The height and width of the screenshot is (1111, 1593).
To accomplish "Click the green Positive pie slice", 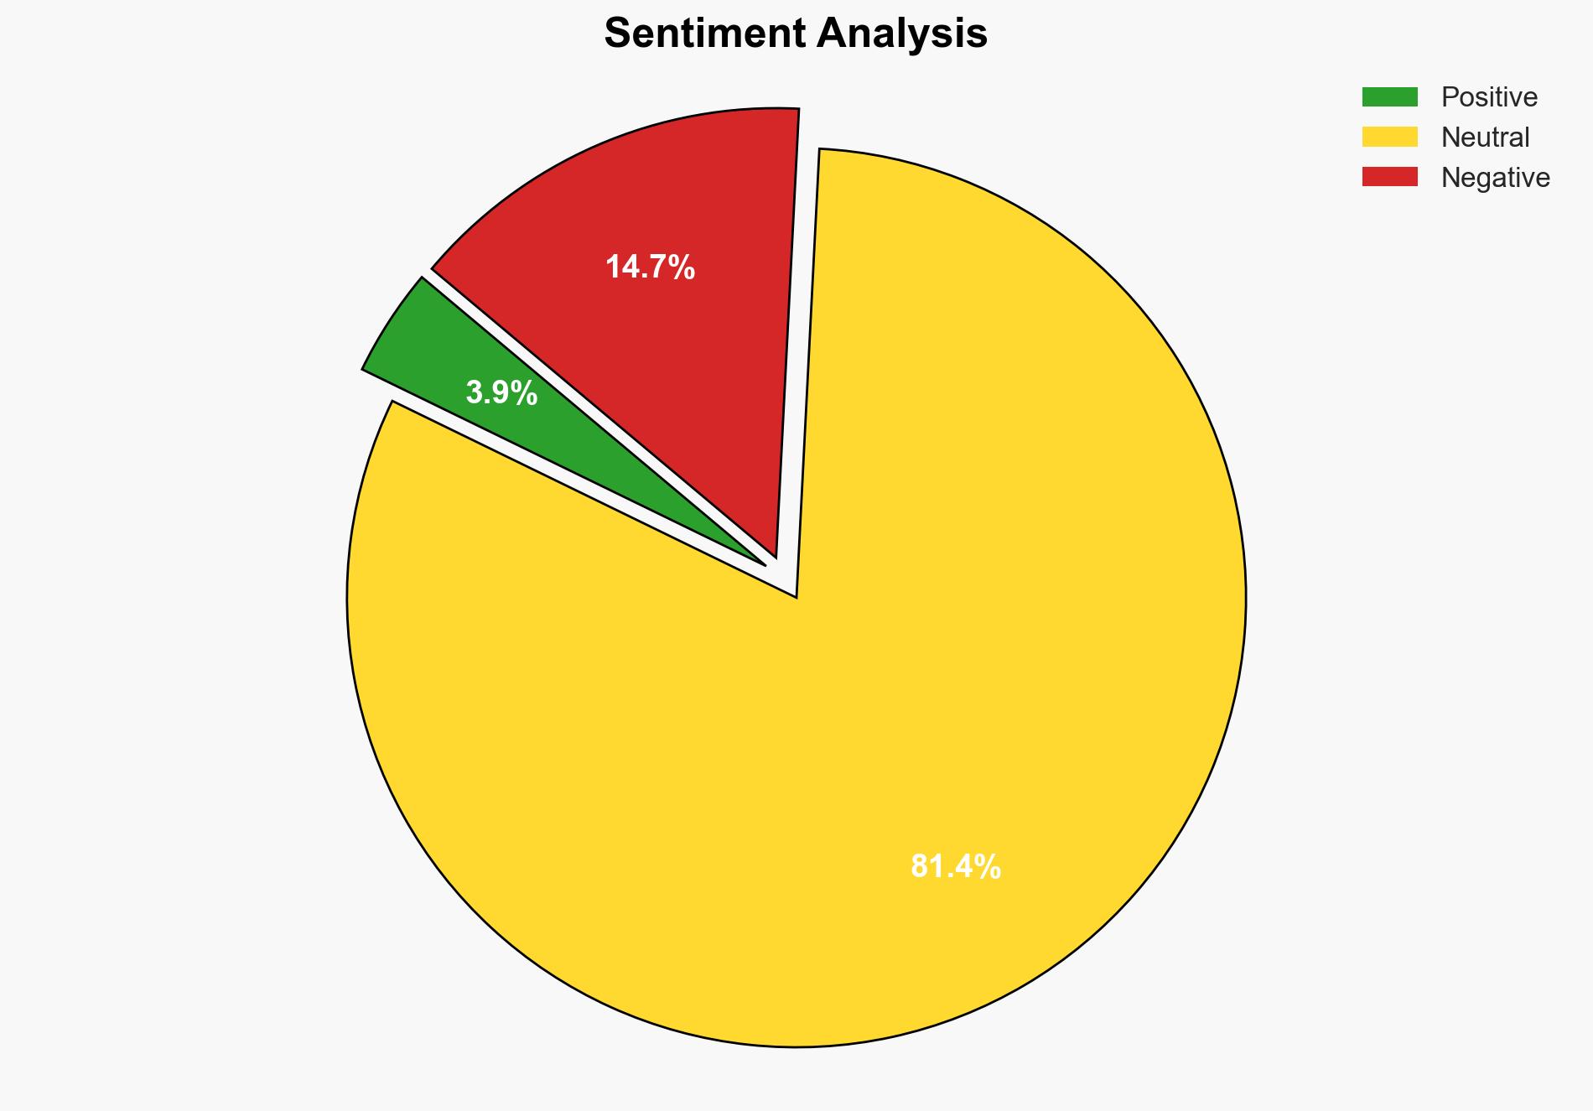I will (436, 352).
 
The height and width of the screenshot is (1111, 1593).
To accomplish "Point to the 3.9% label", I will (501, 392).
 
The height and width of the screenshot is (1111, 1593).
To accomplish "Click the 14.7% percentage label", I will (650, 267).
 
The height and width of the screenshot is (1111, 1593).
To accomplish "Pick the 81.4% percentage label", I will (955, 867).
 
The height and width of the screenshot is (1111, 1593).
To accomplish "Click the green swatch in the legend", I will (1389, 97).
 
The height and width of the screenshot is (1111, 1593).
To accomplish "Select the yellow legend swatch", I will (1389, 137).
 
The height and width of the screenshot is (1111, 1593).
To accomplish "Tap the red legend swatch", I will (1389, 177).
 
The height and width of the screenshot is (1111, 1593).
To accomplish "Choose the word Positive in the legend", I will (1489, 97).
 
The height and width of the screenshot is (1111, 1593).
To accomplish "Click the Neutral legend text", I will (1485, 138).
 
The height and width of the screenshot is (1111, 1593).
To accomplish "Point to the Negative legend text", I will (1495, 178).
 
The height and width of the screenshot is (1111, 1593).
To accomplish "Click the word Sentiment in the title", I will (704, 34).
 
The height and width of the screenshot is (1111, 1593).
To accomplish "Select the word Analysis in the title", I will (902, 34).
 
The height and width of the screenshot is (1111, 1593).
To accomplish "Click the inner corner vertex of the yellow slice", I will (796, 597).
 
